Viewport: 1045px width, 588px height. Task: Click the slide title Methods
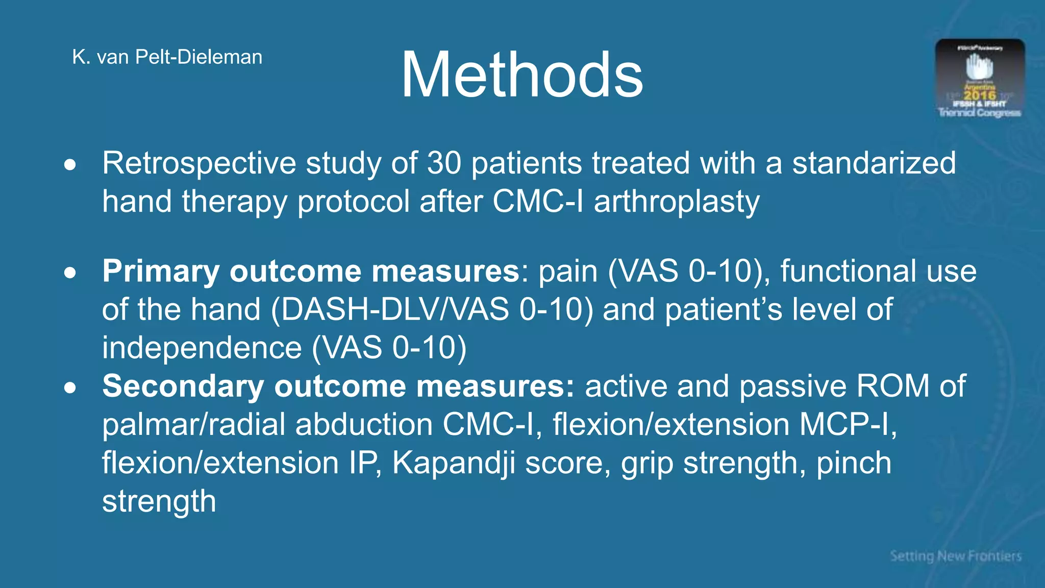pos(521,76)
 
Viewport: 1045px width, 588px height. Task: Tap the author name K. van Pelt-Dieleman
pos(167,57)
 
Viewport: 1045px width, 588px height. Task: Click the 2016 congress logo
pos(980,79)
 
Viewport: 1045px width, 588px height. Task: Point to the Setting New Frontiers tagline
pos(956,556)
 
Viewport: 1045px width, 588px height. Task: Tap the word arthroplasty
pos(677,202)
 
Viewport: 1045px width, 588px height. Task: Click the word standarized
pos(874,163)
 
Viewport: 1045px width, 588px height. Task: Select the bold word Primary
pos(161,271)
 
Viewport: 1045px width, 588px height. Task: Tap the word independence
pos(202,348)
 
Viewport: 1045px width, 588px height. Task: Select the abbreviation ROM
pos(893,386)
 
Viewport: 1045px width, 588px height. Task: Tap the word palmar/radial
pos(193,425)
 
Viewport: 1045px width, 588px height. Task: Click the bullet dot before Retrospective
pos(70,165)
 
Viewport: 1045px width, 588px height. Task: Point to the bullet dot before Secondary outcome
pos(70,387)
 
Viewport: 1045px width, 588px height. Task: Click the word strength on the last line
pos(159,501)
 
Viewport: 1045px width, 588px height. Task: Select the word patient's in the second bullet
pos(724,310)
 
